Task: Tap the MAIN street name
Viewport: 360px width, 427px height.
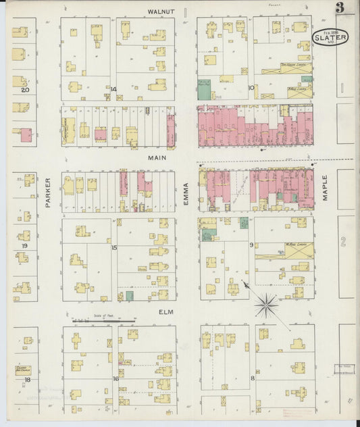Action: tap(157, 157)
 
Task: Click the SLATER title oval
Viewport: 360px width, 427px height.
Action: tap(331, 39)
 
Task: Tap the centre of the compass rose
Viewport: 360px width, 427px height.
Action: tap(267, 305)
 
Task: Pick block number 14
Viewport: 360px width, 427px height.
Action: tap(113, 89)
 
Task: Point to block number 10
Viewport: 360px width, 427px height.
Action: tap(251, 87)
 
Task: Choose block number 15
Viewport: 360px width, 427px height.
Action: tap(114, 248)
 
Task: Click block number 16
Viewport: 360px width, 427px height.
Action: tap(115, 379)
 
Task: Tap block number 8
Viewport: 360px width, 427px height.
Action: tap(253, 378)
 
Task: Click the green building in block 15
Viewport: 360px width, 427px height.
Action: tap(129, 296)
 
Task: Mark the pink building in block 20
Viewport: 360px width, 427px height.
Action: tap(26, 134)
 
